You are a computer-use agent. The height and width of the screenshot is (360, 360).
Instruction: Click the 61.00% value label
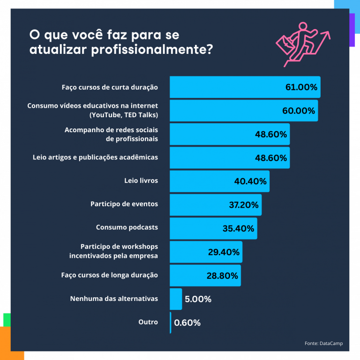(301, 87)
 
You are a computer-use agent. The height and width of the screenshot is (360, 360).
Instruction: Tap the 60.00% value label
(299, 111)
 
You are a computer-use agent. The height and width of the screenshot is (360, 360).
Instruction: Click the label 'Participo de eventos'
(124, 204)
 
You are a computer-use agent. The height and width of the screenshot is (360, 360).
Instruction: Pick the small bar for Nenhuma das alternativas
(176, 299)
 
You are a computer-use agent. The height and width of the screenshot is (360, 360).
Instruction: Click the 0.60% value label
(187, 322)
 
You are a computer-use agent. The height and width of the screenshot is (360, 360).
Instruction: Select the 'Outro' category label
(148, 322)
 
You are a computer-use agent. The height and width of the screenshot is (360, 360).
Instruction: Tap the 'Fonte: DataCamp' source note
(323, 344)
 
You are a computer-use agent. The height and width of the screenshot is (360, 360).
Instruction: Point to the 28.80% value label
(222, 276)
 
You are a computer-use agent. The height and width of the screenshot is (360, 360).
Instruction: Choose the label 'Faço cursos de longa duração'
(109, 275)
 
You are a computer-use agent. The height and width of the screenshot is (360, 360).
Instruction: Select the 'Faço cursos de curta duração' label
(110, 87)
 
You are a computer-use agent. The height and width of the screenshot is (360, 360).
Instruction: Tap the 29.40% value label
(224, 252)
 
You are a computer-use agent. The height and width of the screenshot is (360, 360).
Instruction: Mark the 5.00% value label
(198, 299)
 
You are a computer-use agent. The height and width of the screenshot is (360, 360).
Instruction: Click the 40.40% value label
(250, 181)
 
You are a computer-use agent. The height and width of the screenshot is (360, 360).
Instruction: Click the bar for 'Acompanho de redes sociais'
(211, 135)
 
